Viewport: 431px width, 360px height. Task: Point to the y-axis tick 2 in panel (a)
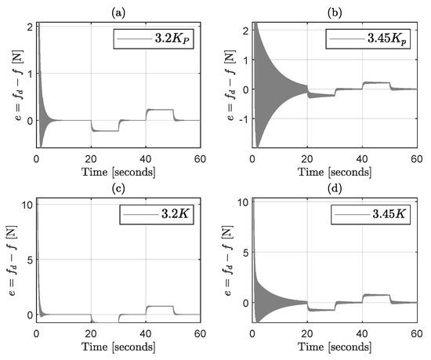(x=28, y=27)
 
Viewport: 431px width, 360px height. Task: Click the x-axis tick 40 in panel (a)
(x=147, y=159)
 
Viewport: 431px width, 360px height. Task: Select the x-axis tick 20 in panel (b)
(x=308, y=159)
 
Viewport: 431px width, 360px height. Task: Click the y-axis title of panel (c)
(x=9, y=259)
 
